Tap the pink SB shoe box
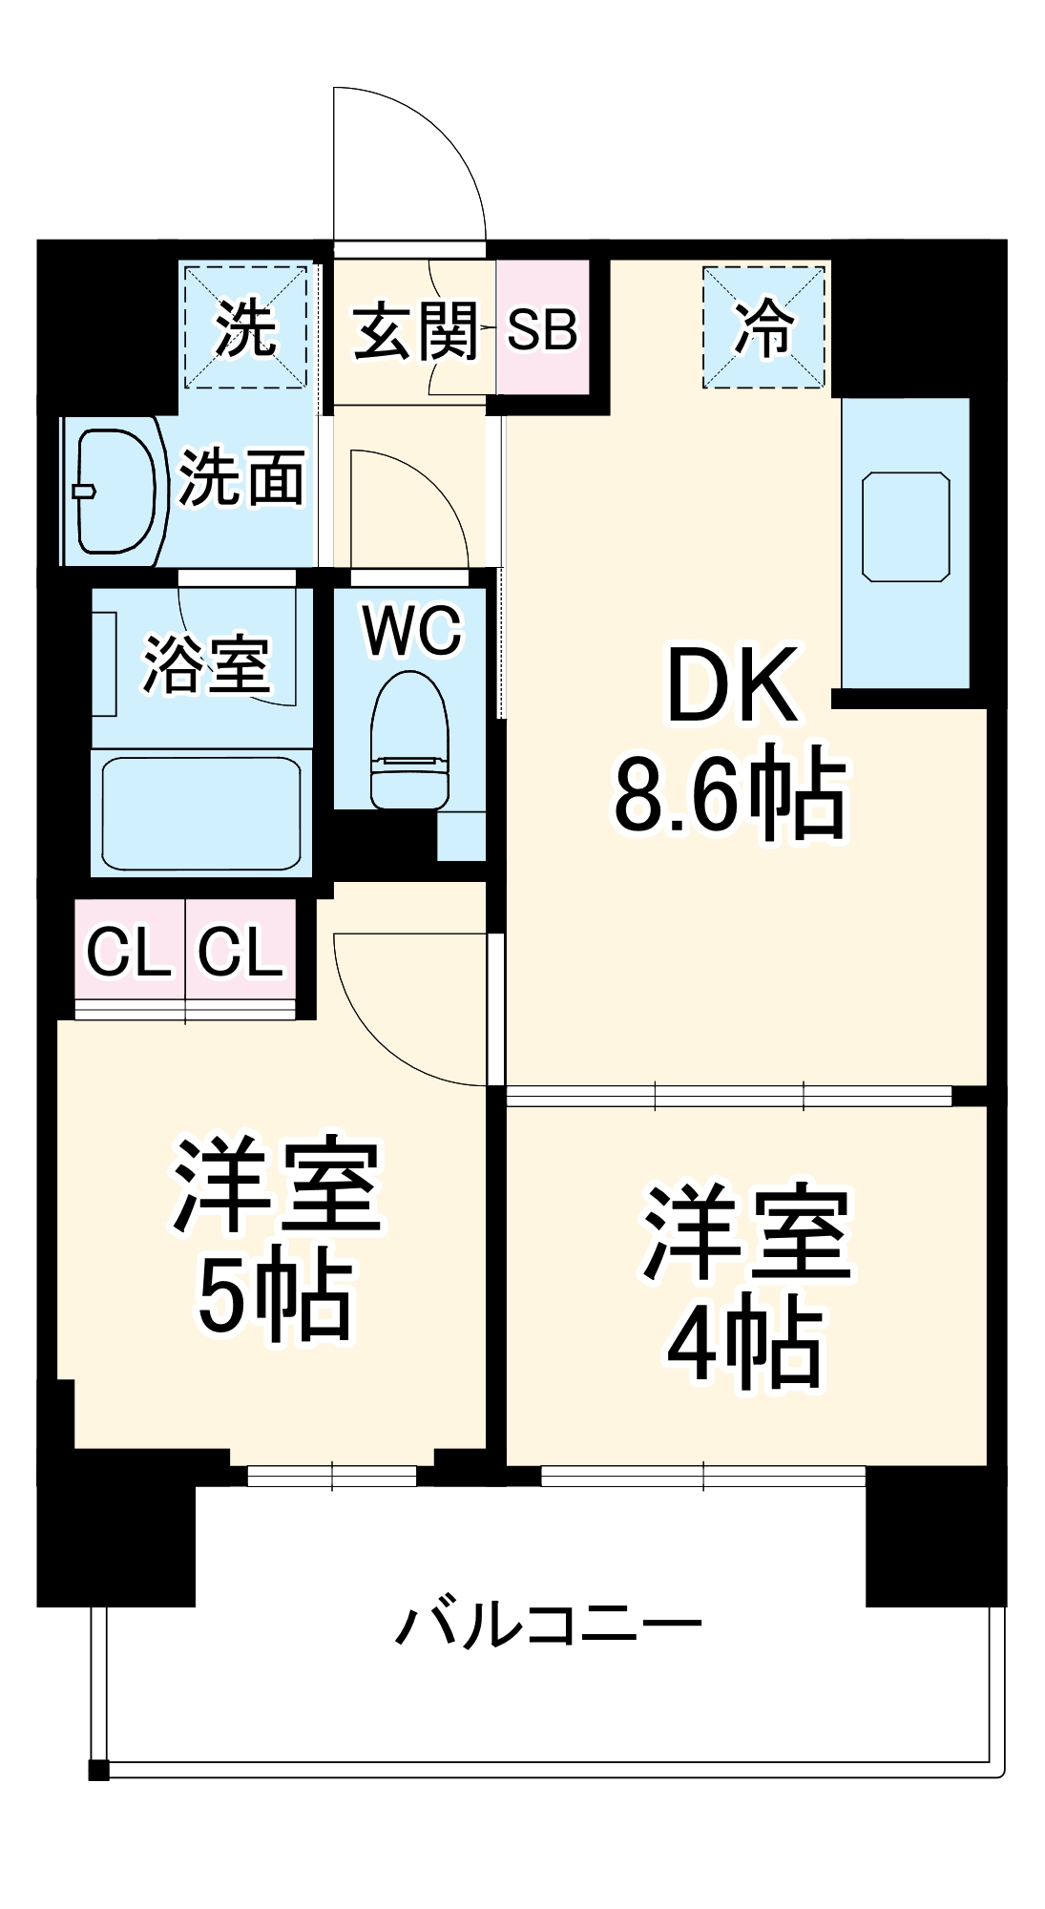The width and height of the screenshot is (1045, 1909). click(542, 328)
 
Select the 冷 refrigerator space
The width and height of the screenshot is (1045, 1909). click(763, 327)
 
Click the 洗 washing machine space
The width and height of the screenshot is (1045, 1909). click(245, 327)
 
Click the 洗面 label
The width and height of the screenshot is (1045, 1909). click(242, 477)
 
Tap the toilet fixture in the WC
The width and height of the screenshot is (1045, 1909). click(409, 740)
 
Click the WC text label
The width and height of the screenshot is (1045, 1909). click(412, 630)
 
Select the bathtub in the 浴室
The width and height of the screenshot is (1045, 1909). click(201, 813)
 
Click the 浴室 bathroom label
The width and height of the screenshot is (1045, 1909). click(206, 663)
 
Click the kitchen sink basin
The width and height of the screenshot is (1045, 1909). click(905, 526)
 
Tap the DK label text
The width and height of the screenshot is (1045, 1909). click(732, 685)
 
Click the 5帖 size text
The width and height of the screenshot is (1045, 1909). click(275, 1294)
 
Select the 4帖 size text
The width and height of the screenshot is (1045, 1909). click(744, 1344)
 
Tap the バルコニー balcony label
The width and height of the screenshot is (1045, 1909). click(548, 1626)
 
